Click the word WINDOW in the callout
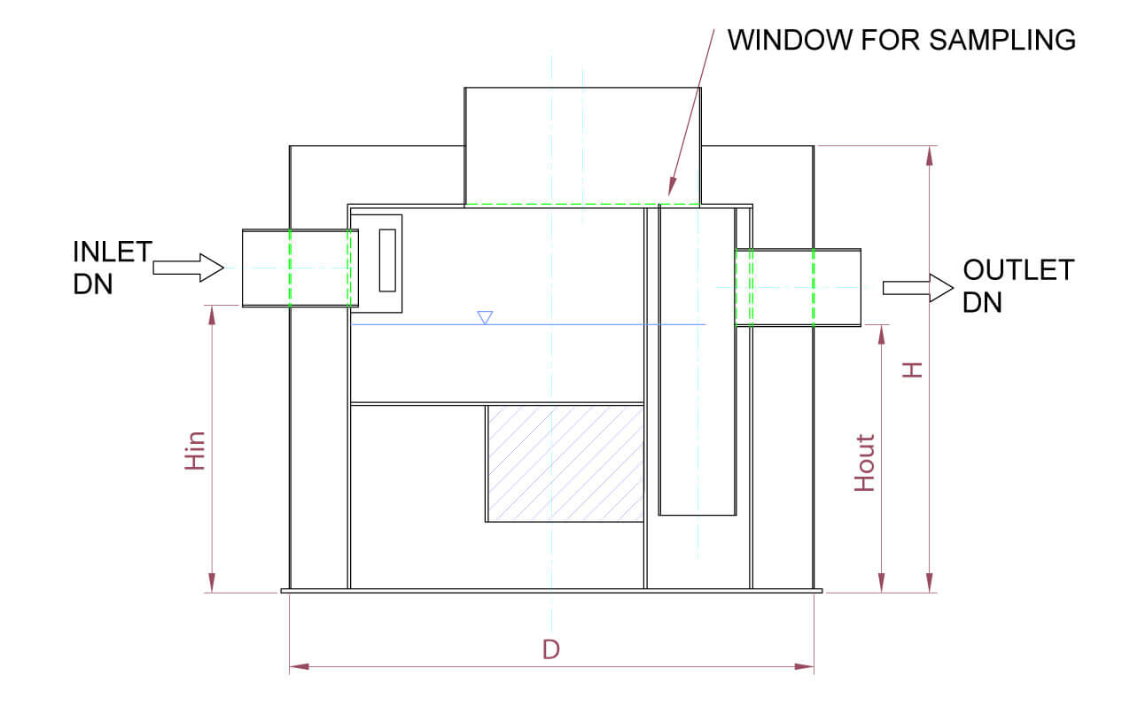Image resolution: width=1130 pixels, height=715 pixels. [x=790, y=40]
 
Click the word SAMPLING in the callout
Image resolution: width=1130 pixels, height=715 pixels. [x=1002, y=40]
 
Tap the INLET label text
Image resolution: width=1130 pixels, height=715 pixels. [x=112, y=252]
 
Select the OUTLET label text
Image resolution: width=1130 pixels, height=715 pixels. [x=1018, y=269]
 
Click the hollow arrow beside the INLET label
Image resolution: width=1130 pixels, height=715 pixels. [x=188, y=268]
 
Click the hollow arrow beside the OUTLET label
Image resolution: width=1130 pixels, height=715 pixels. [x=918, y=289]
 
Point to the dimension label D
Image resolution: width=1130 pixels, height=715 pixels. [x=551, y=649]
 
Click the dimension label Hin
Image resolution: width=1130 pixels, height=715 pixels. [x=195, y=451]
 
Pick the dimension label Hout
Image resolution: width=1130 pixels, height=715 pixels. [x=864, y=462]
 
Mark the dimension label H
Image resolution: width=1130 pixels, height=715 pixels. [x=912, y=369]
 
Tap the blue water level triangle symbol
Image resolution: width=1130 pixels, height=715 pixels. [x=485, y=317]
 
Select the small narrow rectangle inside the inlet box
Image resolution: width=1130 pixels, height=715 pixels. [x=387, y=260]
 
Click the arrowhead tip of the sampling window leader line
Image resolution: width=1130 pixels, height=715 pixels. [x=669, y=195]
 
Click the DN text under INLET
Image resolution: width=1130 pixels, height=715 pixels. [x=93, y=284]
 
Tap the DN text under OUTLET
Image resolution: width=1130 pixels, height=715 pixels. [x=982, y=302]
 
